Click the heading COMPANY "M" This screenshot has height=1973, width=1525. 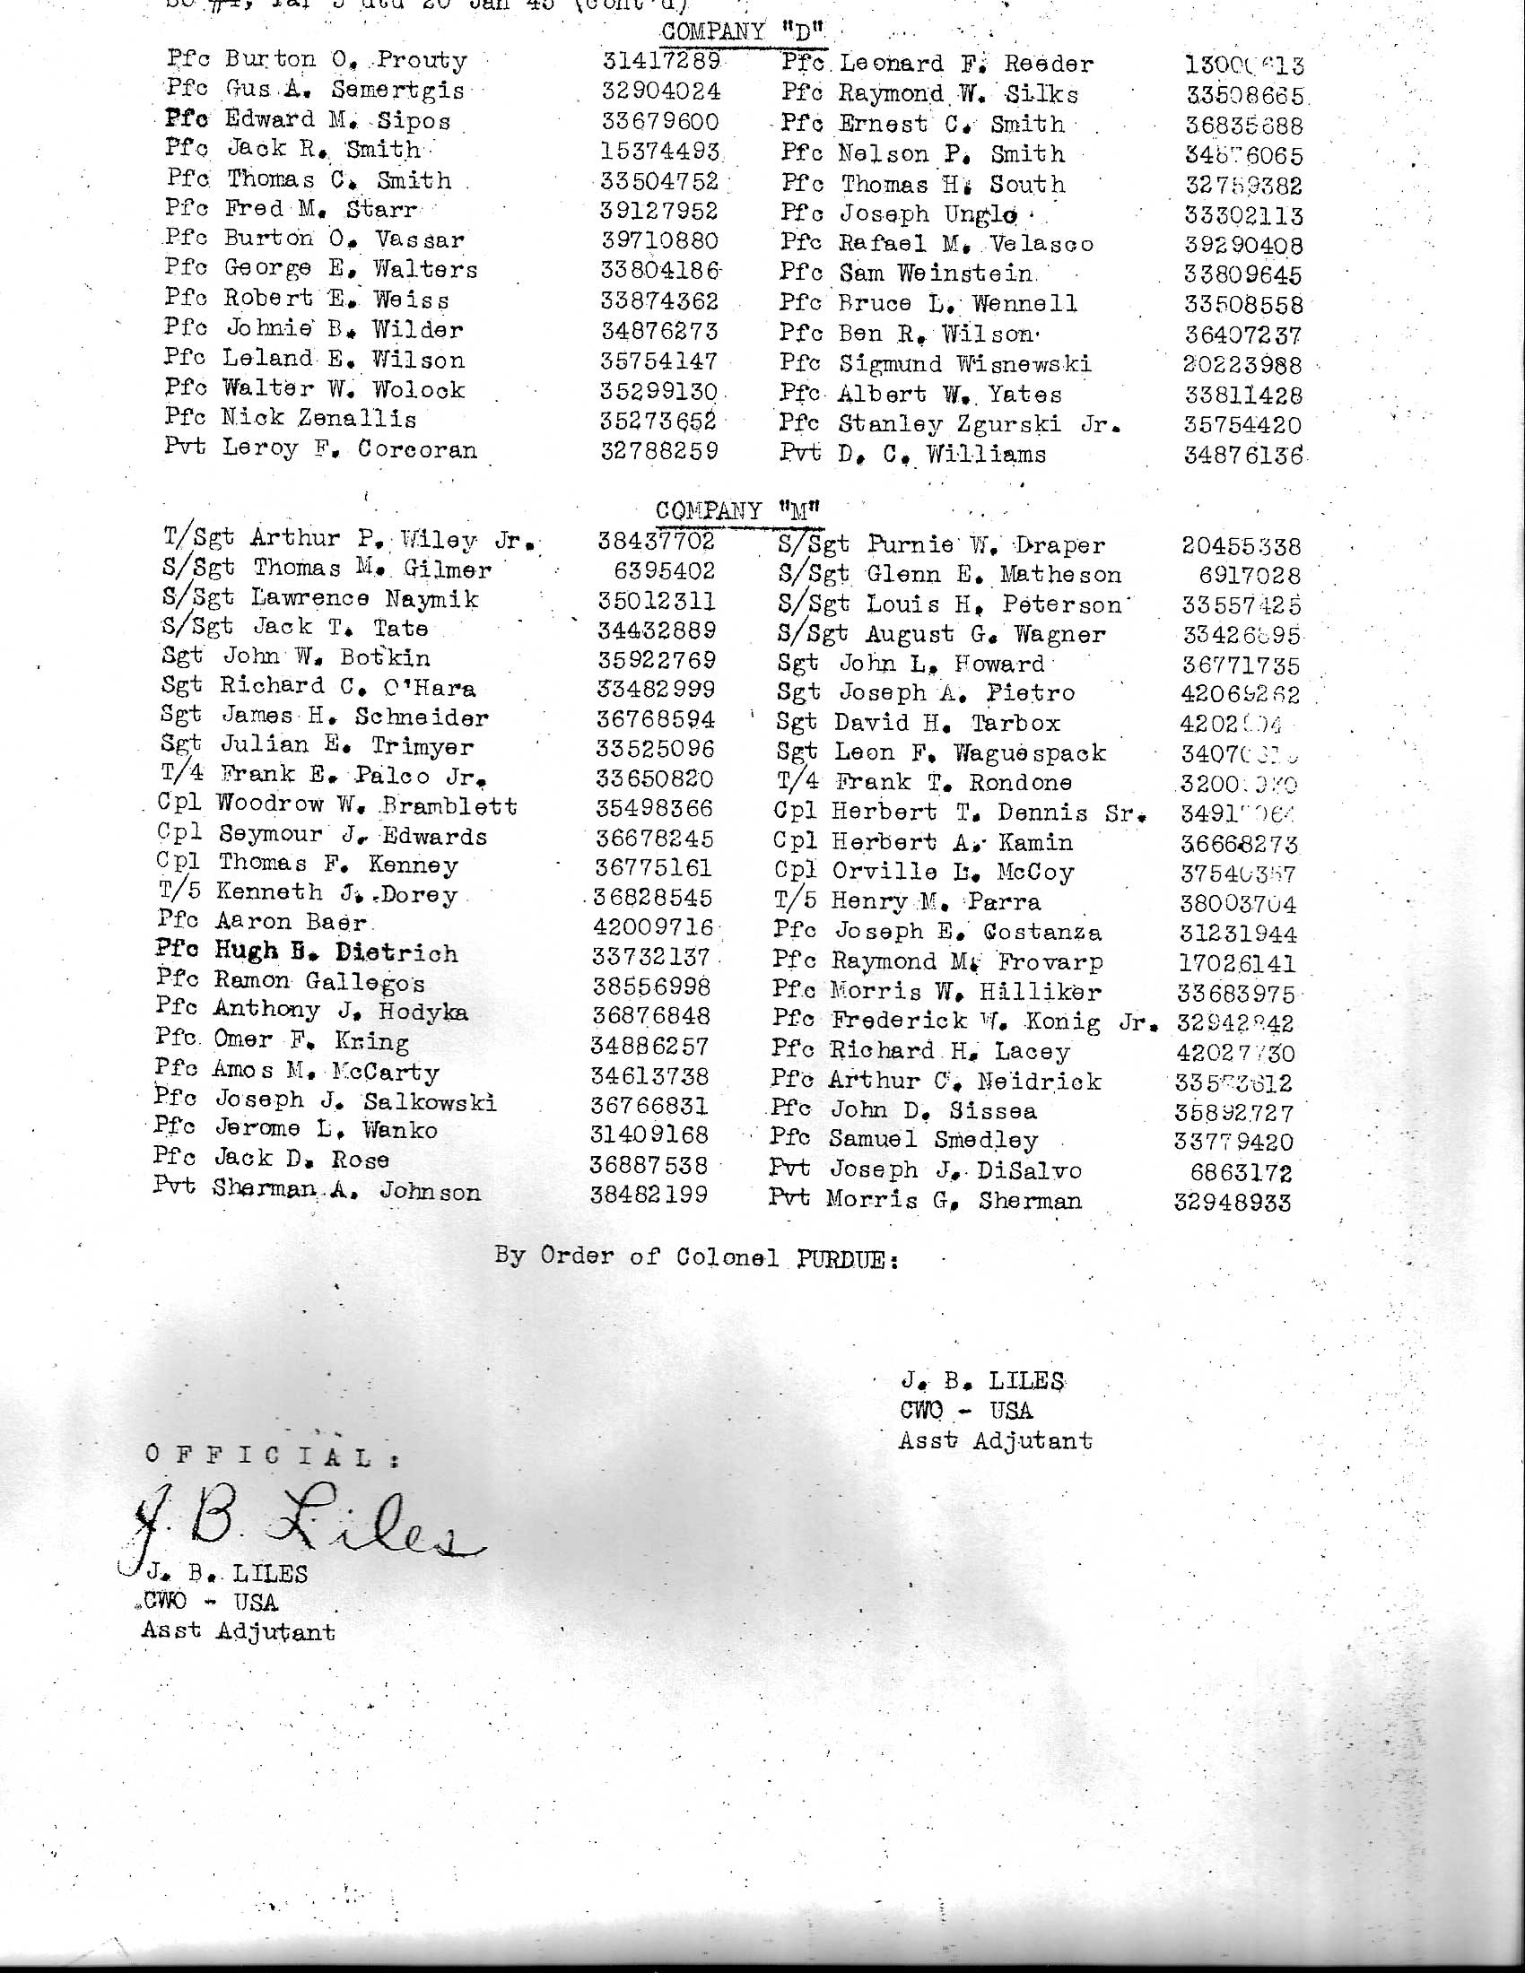click(739, 511)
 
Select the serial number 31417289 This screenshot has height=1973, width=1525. click(661, 61)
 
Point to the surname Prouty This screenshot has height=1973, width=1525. click(422, 61)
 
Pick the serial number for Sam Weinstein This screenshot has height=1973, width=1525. click(1244, 274)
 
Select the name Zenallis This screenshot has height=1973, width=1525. click(364, 419)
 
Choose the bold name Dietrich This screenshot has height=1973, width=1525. click(396, 953)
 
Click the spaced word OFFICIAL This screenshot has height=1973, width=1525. click(271, 1456)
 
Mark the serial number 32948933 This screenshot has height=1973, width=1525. click(1233, 1204)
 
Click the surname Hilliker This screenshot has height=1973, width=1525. click(1041, 993)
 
